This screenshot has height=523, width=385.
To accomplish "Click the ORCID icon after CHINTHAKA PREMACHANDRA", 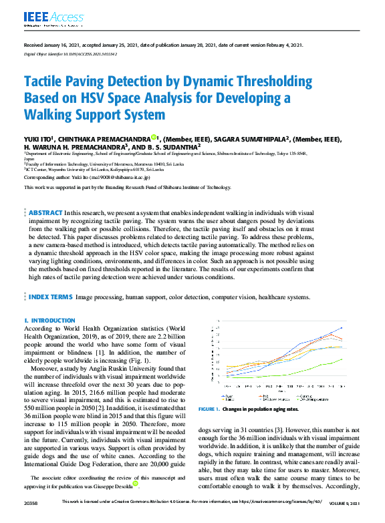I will tap(154, 137).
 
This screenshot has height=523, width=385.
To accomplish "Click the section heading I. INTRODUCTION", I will tap(48, 321).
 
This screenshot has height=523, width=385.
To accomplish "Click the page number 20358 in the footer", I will tap(31, 519).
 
